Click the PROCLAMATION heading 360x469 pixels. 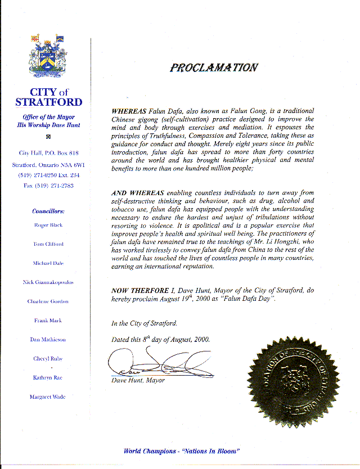214,67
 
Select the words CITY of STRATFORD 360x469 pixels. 48,97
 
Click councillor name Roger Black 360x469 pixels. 48,225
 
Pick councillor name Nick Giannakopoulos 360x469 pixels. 48,282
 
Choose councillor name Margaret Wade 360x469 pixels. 48,397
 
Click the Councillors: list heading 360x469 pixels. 48,211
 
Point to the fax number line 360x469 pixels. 48,185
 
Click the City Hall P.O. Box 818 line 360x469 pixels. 48,153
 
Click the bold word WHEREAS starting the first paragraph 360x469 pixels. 130,111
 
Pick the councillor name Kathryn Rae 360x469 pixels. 48,378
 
